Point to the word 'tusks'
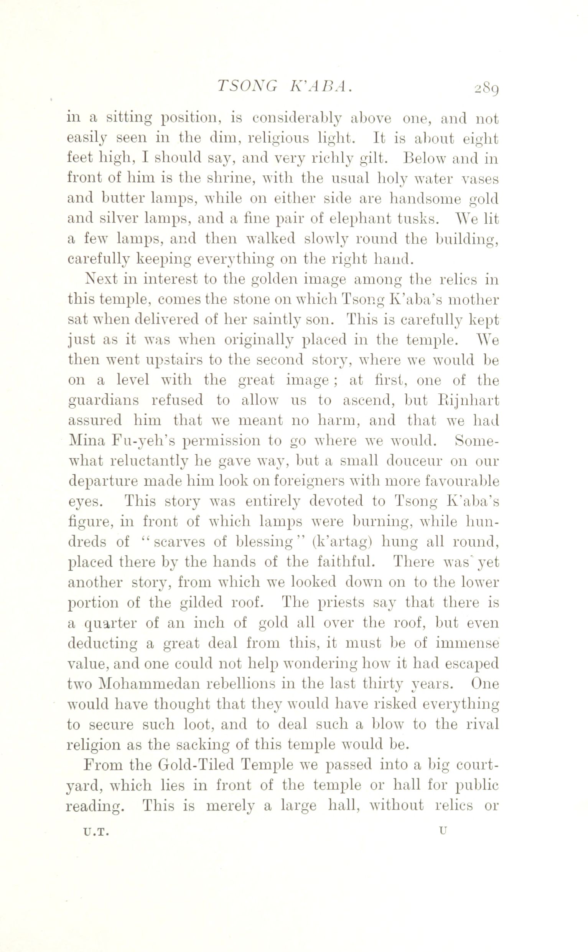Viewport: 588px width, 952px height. click(x=419, y=219)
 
